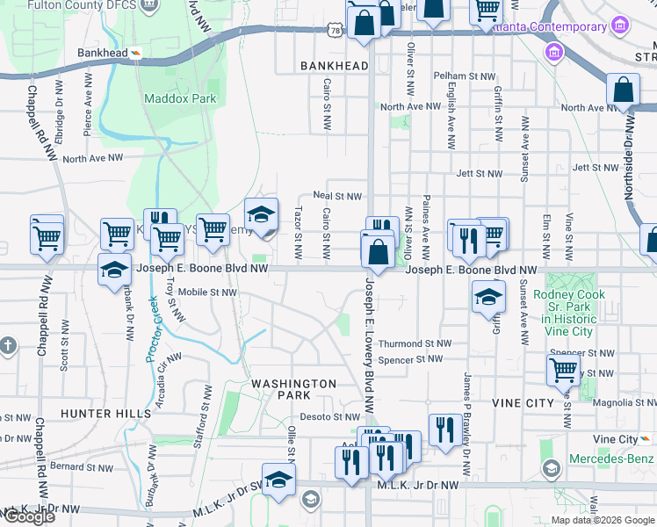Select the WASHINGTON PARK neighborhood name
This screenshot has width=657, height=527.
pos(293,389)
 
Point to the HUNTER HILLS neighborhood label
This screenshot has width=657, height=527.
pos(99,413)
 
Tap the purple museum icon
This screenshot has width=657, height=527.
pos(554,54)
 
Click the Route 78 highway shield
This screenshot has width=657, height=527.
pos(334,31)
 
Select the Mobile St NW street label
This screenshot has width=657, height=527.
pos(207,292)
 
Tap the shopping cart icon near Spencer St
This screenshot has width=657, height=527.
pos(563,370)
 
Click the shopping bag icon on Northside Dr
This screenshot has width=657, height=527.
pos(623,90)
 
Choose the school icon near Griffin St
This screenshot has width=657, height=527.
pos(489,299)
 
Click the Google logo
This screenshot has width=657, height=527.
pos(28,516)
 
